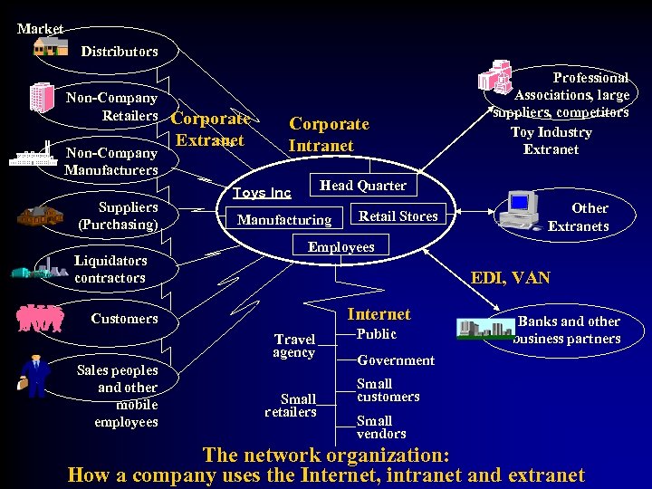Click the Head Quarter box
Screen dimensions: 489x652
tap(362, 186)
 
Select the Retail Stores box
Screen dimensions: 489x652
tap(398, 216)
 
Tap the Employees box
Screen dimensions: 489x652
tap(340, 246)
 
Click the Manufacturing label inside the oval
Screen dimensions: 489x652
tap(283, 220)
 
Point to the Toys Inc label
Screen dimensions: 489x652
tap(262, 193)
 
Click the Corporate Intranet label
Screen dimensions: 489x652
tap(329, 134)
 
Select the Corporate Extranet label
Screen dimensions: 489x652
tap(210, 129)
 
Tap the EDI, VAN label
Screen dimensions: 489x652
tap(510, 278)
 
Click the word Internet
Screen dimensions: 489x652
tap(379, 314)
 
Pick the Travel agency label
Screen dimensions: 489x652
tap(294, 346)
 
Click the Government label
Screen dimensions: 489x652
tap(396, 360)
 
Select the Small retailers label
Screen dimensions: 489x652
tap(291, 405)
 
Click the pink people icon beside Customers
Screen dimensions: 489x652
tap(40, 318)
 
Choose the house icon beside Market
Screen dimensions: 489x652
tap(51, 45)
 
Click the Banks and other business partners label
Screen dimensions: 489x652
tap(568, 330)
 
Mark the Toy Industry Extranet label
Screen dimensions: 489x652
tap(551, 140)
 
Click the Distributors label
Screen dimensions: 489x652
tap(119, 52)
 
